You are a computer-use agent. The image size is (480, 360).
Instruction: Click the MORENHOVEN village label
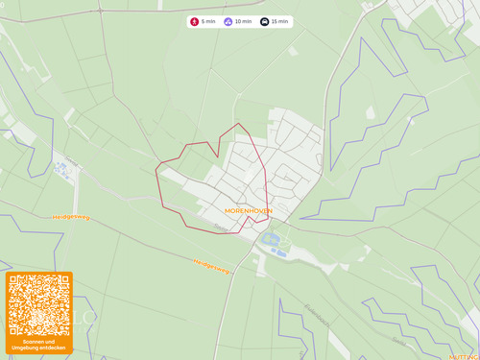coord(248,209)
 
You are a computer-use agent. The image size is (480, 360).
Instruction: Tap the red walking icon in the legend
coord(195,21)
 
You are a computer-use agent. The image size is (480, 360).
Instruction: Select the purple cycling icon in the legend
coord(228,21)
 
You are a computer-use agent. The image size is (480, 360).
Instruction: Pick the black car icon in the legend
coord(265,21)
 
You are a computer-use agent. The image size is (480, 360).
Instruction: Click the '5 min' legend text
coord(208,21)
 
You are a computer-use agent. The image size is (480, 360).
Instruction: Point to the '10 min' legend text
coord(243,21)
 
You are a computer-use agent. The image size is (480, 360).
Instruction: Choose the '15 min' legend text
coord(279,21)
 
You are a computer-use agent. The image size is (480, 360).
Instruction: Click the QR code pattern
coord(39,305)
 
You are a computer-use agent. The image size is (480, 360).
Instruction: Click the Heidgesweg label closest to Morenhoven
coord(211,265)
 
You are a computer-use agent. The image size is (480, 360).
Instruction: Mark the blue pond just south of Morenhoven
coord(270,239)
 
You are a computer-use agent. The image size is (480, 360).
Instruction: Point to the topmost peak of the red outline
coord(239,124)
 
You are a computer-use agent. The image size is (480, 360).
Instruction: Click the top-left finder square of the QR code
coord(17,284)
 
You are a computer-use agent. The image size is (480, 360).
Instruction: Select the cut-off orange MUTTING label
coord(465,356)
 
